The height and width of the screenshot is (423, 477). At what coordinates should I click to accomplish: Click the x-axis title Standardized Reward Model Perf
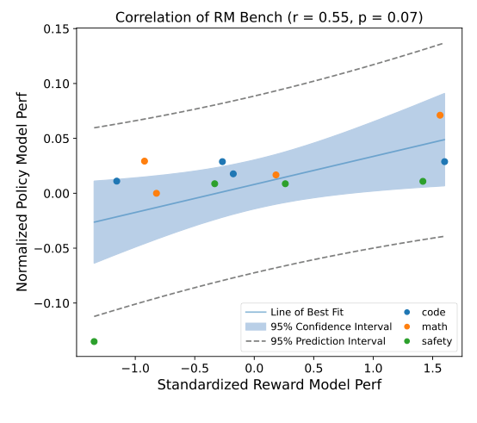269,383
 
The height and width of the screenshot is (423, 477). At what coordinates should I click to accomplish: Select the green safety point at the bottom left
94,342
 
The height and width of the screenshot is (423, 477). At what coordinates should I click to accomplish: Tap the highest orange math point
440,115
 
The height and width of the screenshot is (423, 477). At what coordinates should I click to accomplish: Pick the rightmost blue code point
444,162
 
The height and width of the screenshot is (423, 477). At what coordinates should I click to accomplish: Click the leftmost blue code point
116,181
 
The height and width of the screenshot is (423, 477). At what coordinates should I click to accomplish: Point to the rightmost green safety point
423,182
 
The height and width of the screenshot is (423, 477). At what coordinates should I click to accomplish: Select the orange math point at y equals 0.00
156,194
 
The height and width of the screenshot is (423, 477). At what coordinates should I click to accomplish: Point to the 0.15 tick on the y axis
57,28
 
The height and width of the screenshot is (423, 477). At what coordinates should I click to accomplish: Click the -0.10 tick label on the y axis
53,303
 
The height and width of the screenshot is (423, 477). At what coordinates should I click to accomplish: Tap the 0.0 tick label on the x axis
255,364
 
